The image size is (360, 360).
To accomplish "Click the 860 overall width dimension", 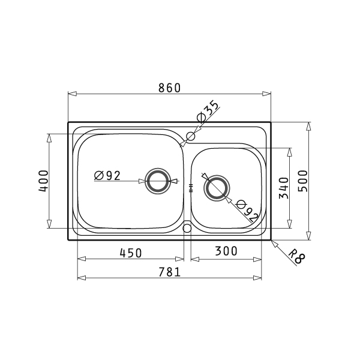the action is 170,88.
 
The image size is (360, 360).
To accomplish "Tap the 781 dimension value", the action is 170,272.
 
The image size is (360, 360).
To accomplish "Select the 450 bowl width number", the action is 131,253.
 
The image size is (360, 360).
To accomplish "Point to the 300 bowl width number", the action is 226,251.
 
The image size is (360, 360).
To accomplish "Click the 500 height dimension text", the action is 302,181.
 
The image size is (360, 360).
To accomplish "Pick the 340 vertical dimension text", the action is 284,188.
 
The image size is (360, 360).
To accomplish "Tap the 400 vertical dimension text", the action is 44,181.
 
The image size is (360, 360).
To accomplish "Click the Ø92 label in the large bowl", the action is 107,176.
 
